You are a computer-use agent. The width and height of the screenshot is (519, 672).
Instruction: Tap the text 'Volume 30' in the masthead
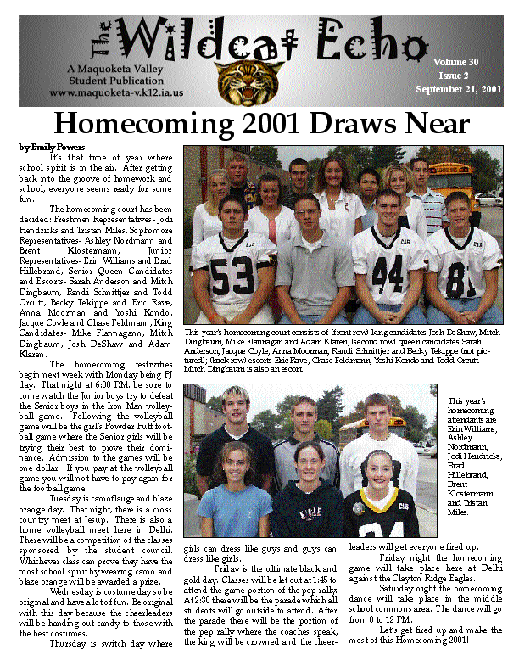click(455, 62)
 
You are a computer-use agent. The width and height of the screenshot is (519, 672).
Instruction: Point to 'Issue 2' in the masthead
click(459, 75)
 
